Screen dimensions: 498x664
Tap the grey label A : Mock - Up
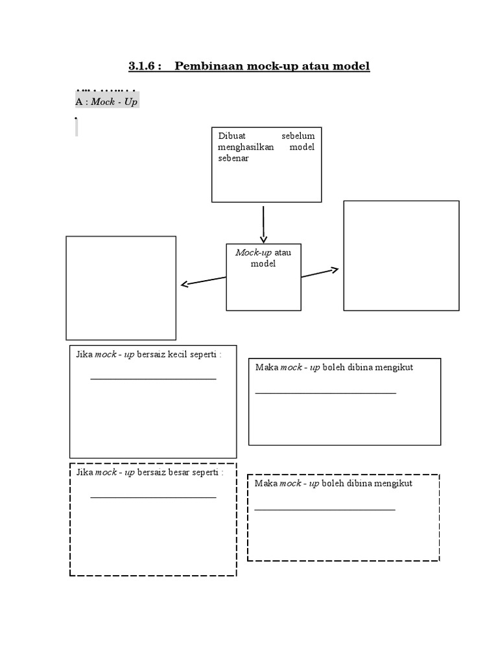coord(107,102)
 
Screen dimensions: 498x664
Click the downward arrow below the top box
coord(263,224)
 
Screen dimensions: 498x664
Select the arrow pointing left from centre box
coord(203,281)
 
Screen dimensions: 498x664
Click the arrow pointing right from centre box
coord(320,273)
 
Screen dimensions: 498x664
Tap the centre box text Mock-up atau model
coord(263,258)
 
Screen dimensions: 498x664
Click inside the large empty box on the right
coord(401,255)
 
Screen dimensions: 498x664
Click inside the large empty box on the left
coord(121,287)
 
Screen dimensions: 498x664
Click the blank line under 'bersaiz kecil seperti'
coord(153,379)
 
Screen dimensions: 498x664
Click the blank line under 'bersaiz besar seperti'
coord(153,497)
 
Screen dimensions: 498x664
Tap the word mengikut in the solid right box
coord(394,368)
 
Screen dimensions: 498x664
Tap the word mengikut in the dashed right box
coord(393,484)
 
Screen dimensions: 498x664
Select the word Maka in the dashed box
coord(266,484)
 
